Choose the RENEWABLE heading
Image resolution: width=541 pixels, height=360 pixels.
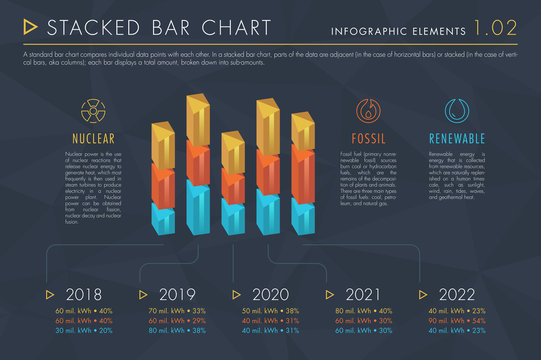pyautogui.click(x=456, y=138)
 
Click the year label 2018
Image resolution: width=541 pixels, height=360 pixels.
pyautogui.click(x=82, y=294)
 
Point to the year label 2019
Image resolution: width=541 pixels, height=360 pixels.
pyautogui.click(x=176, y=294)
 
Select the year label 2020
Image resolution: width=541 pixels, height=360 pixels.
pyautogui.click(x=269, y=294)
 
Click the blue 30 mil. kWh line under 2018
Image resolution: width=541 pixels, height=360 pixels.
pyautogui.click(x=82, y=330)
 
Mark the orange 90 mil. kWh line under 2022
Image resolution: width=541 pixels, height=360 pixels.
pyautogui.click(x=458, y=320)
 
